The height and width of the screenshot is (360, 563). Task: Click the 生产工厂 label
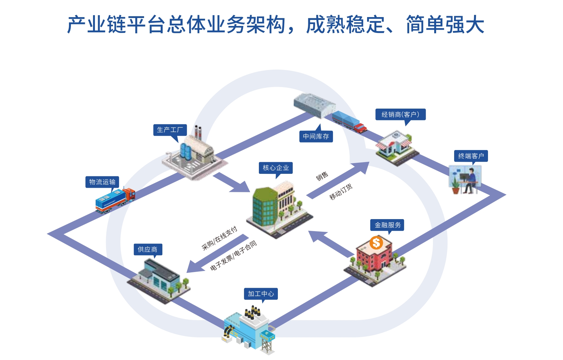(x=170, y=130)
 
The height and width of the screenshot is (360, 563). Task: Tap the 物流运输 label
(x=102, y=182)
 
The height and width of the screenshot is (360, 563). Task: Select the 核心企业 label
(x=276, y=168)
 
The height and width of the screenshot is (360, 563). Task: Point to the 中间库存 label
(x=316, y=136)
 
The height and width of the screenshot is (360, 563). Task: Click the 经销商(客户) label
(x=400, y=114)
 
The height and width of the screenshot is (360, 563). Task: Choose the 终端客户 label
(x=471, y=156)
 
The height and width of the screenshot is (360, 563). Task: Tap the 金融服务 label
(x=387, y=225)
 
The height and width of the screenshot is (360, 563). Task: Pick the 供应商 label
(x=147, y=249)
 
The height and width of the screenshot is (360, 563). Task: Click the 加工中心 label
(x=261, y=294)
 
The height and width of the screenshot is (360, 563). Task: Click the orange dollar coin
(x=376, y=243)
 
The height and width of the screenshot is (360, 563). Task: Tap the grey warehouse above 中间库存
(x=314, y=104)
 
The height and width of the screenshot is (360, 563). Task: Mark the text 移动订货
(x=341, y=192)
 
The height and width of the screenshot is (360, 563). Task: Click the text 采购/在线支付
(x=219, y=238)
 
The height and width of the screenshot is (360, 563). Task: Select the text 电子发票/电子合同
(x=234, y=255)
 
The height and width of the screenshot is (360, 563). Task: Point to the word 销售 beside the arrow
(x=322, y=176)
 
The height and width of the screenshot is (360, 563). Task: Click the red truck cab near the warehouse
(x=360, y=128)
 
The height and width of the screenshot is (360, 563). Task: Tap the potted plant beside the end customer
(x=455, y=186)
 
